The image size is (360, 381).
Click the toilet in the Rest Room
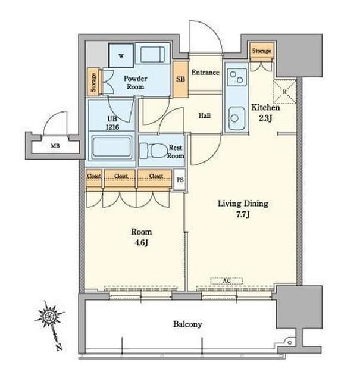pyautogui.click(x=154, y=151)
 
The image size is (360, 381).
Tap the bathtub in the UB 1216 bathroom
pyautogui.click(x=112, y=147)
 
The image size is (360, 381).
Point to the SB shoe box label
pyautogui.click(x=180, y=79)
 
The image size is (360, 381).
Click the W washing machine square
pyautogui.click(x=121, y=55)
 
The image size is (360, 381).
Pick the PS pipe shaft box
pyautogui.click(x=180, y=180)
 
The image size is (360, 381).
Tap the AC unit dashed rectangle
pyautogui.click(x=226, y=281)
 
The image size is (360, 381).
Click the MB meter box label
pyautogui.click(x=55, y=146)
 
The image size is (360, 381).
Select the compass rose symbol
pyautogui.click(x=50, y=316)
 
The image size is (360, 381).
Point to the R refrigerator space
pyautogui.click(x=284, y=92)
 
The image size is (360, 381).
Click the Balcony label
pyautogui.click(x=187, y=324)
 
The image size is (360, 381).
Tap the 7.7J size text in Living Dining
pyautogui.click(x=243, y=215)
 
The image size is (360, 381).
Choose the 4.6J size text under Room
pyautogui.click(x=141, y=243)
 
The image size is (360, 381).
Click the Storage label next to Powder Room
pyautogui.click(x=93, y=82)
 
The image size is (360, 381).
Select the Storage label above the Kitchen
pyautogui.click(x=261, y=51)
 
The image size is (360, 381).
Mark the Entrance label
pyautogui.click(x=205, y=72)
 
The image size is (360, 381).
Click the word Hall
pyautogui.click(x=205, y=115)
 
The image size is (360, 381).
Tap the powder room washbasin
pyautogui.click(x=152, y=54)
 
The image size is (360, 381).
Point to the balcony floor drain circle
pyautogui.click(x=290, y=343)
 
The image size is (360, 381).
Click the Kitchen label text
pyautogui.click(x=265, y=107)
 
